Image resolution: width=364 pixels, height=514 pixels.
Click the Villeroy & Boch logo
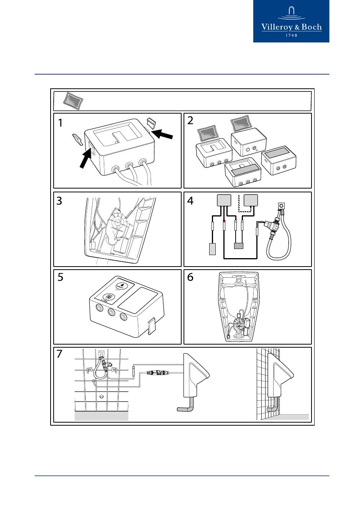pyautogui.click(x=291, y=21)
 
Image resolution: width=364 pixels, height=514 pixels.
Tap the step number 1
pyautogui.click(x=61, y=123)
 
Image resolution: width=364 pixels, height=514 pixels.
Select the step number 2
pyautogui.click(x=190, y=121)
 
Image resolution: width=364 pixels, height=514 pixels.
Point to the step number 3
pyautogui.click(x=59, y=201)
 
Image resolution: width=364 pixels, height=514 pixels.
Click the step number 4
pyautogui.click(x=190, y=201)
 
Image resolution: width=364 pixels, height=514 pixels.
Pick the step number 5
pyautogui.click(x=60, y=277)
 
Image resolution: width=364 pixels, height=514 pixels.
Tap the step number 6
pyautogui.click(x=190, y=277)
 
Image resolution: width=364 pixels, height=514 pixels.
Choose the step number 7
pyautogui.click(x=59, y=354)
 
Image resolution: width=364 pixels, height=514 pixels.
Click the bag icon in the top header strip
pyautogui.click(x=73, y=101)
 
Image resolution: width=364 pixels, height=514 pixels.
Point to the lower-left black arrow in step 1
pyautogui.click(x=85, y=159)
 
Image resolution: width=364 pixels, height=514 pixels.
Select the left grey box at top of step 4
pyautogui.click(x=224, y=200)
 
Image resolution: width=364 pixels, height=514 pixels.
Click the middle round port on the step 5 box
pyautogui.click(x=111, y=312)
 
